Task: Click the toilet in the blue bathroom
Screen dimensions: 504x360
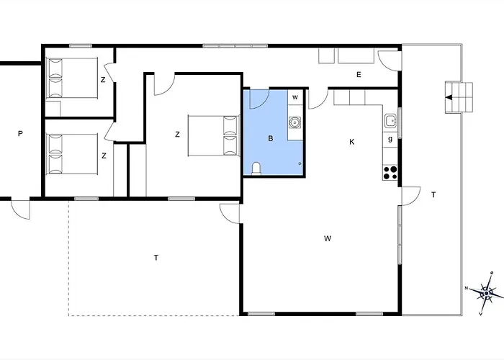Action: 256,168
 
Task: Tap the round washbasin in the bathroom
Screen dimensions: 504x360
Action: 294,122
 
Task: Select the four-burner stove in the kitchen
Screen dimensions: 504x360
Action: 390,173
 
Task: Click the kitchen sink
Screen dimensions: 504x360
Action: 390,121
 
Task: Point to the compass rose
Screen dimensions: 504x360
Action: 486,293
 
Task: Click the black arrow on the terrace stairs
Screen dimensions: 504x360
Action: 449,97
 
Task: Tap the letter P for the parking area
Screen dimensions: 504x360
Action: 20,133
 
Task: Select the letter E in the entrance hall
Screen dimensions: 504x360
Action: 359,75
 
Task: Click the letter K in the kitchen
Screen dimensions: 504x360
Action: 352,142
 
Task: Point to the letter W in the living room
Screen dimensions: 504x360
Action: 328,238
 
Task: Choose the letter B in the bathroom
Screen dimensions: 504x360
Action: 270,138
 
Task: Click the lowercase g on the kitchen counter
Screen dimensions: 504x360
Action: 390,139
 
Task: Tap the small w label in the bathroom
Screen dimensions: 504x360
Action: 294,97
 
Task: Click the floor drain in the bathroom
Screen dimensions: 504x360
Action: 300,163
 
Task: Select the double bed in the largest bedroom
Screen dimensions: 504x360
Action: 214,135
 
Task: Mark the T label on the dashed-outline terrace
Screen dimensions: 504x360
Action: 156,258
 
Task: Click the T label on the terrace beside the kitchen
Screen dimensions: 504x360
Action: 433,194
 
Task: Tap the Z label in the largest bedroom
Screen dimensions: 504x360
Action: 177,135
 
